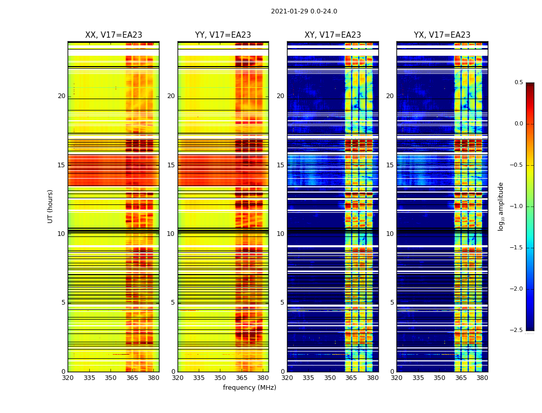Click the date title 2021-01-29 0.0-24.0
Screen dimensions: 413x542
click(304, 11)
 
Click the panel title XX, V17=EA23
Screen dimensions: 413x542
click(114, 35)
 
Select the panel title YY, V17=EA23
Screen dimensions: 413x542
click(223, 35)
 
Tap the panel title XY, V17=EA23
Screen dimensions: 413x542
click(332, 35)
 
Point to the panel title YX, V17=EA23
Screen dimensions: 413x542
click(442, 35)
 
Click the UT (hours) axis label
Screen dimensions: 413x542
click(51, 206)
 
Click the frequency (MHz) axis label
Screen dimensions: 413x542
click(249, 388)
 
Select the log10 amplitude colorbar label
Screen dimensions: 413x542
click(501, 206)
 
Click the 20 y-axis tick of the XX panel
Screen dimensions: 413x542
click(61, 96)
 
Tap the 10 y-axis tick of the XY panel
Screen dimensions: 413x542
click(280, 234)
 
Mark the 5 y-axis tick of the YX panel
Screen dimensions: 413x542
click(392, 303)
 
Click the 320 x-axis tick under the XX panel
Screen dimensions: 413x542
click(68, 378)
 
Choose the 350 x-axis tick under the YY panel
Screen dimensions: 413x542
click(220, 378)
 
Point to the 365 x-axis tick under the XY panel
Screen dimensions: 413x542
click(351, 378)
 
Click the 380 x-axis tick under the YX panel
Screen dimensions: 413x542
click(482, 378)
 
